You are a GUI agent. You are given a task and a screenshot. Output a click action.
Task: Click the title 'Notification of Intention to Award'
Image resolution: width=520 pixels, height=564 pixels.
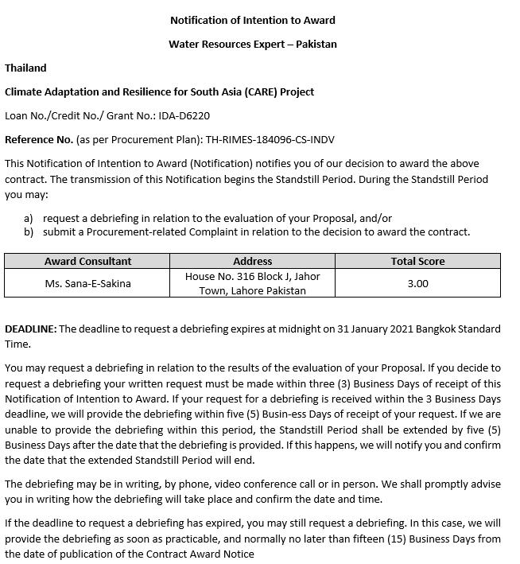click(253, 20)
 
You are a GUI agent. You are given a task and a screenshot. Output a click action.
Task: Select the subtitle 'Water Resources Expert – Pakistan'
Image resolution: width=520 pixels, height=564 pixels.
click(253, 44)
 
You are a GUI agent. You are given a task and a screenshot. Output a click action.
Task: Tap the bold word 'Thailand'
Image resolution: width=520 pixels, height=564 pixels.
click(25, 68)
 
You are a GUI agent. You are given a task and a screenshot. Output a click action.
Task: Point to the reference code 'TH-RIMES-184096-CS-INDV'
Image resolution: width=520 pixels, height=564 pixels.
click(270, 139)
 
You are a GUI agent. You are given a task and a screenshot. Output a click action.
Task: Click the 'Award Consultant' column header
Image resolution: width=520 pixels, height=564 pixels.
click(87, 261)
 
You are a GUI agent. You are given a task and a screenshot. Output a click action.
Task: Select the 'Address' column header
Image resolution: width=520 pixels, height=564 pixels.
click(253, 261)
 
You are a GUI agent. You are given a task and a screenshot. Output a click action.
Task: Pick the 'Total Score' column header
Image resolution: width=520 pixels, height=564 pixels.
click(417, 261)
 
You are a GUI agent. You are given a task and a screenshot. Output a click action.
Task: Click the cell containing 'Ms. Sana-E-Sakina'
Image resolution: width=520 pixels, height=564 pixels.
click(87, 283)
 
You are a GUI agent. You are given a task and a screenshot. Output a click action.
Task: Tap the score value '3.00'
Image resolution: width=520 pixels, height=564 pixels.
click(417, 283)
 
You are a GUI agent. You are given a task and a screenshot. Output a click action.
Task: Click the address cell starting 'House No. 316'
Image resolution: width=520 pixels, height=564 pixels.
click(253, 283)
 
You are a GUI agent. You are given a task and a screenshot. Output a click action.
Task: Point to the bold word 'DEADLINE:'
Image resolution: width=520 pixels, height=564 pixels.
click(30, 329)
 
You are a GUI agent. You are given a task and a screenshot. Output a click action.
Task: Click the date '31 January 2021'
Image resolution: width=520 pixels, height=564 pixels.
click(374, 329)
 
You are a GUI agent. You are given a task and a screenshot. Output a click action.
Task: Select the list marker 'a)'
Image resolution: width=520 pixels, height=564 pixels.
click(29, 218)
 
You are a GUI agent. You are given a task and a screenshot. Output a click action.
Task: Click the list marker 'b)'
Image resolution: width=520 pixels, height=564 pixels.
click(29, 232)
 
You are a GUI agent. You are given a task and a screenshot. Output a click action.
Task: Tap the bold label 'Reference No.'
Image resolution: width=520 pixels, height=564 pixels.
click(39, 139)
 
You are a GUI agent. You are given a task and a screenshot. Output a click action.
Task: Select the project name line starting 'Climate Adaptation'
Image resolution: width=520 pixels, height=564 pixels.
click(159, 91)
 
